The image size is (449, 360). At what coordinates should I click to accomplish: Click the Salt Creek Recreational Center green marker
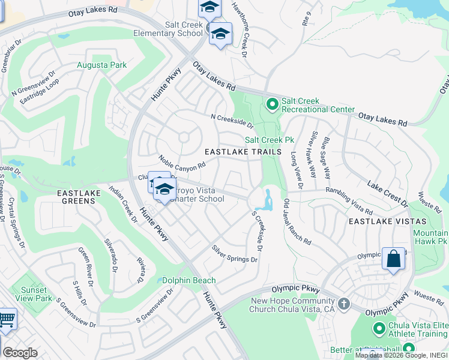pos(272,105)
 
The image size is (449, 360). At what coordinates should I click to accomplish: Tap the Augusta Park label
pos(93,64)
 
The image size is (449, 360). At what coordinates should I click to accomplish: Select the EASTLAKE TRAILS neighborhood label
pos(243,152)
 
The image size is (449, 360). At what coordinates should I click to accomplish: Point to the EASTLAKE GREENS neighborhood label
pos(76,197)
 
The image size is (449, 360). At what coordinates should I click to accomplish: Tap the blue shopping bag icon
pos(393,259)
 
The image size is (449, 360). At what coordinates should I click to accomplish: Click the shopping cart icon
pos(6,320)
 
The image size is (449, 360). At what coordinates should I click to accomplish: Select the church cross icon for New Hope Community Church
pos(344,304)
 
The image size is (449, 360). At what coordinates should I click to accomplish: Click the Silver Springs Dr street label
pos(234,254)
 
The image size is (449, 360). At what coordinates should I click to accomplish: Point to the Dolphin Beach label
pos(185,280)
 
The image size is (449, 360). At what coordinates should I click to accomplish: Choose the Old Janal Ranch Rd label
pos(297,222)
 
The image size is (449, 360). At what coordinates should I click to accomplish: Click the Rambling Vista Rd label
pos(349,201)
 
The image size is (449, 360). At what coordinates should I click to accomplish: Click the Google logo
pos(20,353)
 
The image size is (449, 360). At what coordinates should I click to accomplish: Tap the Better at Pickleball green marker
pos(409,348)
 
